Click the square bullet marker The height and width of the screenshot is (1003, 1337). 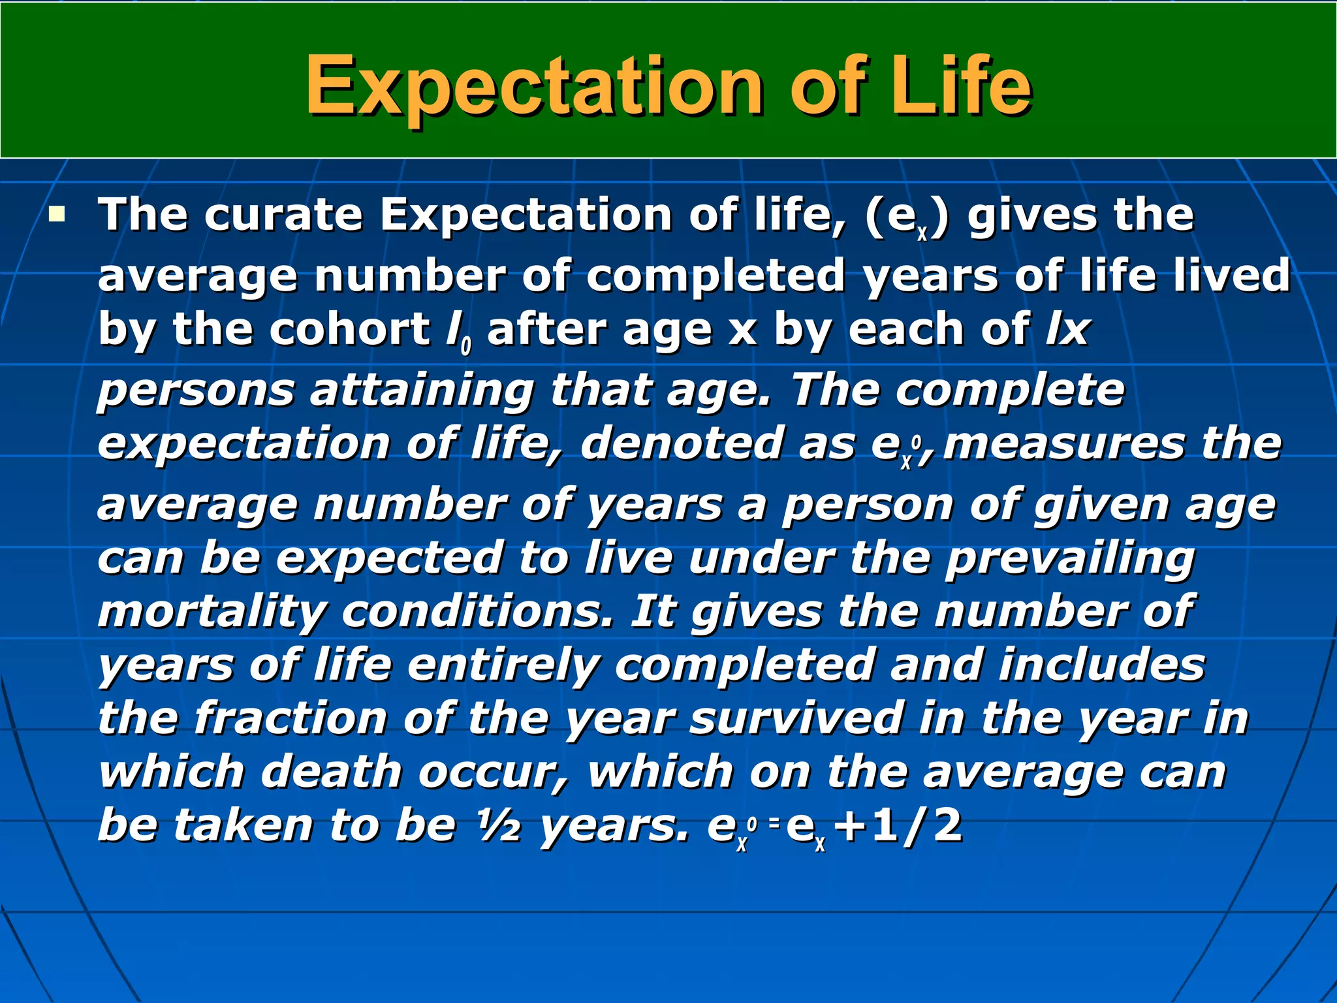pyautogui.click(x=57, y=214)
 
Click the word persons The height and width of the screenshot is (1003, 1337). pyautogui.click(x=197, y=391)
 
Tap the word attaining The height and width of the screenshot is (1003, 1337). pyautogui.click(x=422, y=390)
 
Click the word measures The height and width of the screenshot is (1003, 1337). pyautogui.click(x=1064, y=443)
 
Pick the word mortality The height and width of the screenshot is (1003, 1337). pyautogui.click(x=212, y=613)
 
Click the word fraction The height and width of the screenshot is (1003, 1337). pyautogui.click(x=291, y=718)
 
